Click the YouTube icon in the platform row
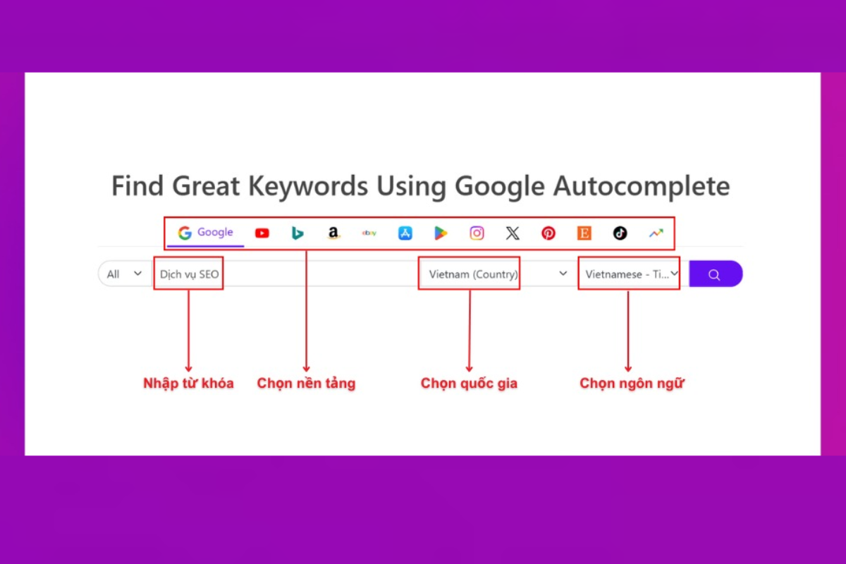pos(262,233)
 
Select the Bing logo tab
pos(298,233)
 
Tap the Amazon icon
pos(333,233)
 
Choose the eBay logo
pos(369,233)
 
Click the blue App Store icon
pos(405,233)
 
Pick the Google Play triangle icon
pos(441,233)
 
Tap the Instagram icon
pos(477,233)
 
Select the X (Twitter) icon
pos(513,233)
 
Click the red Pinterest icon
pos(548,233)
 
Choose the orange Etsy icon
pos(584,233)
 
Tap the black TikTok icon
pos(620,233)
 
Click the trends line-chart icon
pos(656,233)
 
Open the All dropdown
pos(124,274)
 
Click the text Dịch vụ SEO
pos(189,274)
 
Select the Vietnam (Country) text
pos(473,274)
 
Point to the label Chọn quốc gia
pos(469,383)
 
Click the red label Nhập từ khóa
pos(188,383)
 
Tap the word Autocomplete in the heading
pos(642,186)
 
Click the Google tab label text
pos(215,232)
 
